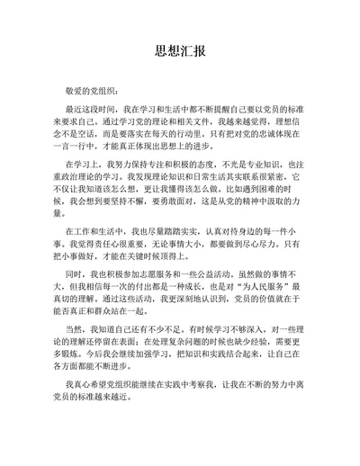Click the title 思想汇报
coord(180,49)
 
